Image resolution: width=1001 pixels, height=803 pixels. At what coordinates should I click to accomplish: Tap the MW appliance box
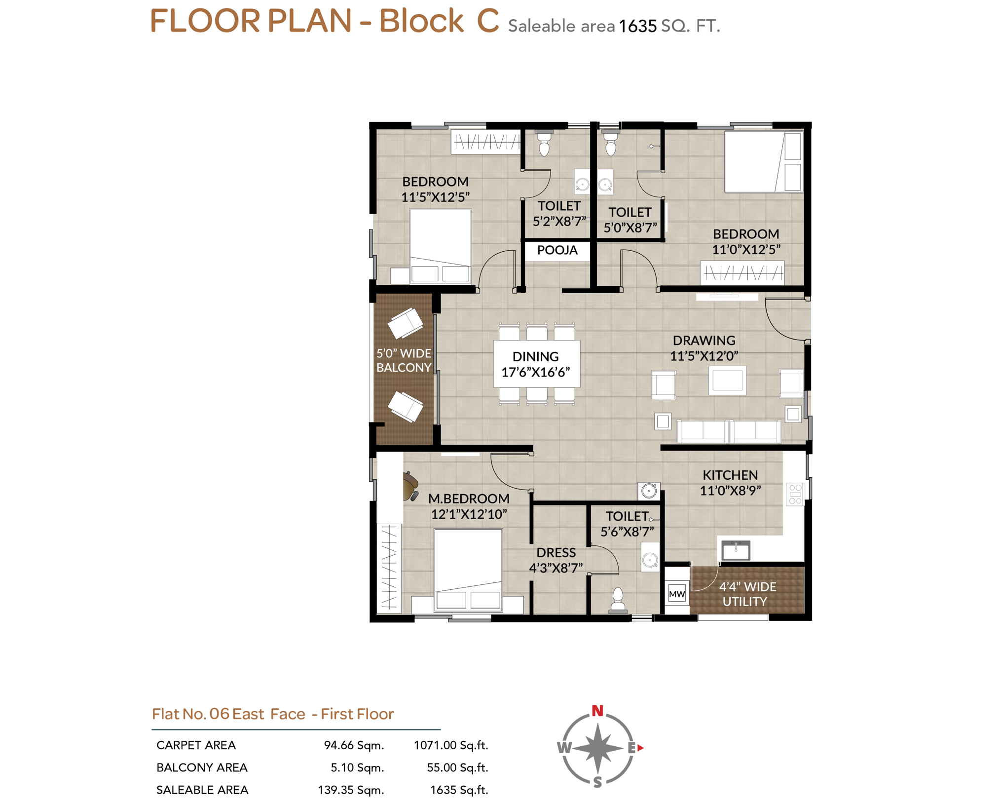(x=676, y=593)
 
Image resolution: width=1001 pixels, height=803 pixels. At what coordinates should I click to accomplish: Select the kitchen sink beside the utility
(x=735, y=550)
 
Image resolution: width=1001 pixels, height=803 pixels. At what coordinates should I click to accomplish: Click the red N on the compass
(x=597, y=710)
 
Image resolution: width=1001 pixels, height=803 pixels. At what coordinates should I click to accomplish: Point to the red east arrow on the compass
(x=640, y=747)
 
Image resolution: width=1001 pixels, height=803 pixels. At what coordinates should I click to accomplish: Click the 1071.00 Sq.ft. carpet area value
(x=450, y=745)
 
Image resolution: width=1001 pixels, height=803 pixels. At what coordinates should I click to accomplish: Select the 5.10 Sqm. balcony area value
(x=357, y=767)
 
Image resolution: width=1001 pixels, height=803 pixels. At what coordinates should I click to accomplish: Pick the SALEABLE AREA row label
(x=202, y=790)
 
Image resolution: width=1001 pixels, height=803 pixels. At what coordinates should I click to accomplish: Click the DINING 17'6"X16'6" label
(x=535, y=364)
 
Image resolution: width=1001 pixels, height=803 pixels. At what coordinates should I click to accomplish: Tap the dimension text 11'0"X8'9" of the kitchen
(x=730, y=490)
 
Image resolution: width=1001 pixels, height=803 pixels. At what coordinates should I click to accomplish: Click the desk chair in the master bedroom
(x=410, y=486)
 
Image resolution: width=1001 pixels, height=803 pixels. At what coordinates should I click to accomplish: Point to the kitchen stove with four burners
(x=795, y=494)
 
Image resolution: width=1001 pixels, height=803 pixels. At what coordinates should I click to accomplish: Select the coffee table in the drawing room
(x=727, y=381)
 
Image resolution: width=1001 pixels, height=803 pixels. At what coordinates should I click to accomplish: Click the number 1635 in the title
(x=637, y=26)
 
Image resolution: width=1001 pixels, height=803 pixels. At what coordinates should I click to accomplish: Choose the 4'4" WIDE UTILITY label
(x=746, y=594)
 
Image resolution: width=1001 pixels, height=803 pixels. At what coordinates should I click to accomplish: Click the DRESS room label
(x=556, y=552)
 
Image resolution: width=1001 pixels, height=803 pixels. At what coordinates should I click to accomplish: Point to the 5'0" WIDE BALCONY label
(x=404, y=360)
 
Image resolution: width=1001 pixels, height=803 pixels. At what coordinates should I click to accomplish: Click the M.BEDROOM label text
(x=469, y=498)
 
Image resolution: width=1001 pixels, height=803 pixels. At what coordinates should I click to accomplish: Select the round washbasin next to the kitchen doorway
(x=649, y=491)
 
